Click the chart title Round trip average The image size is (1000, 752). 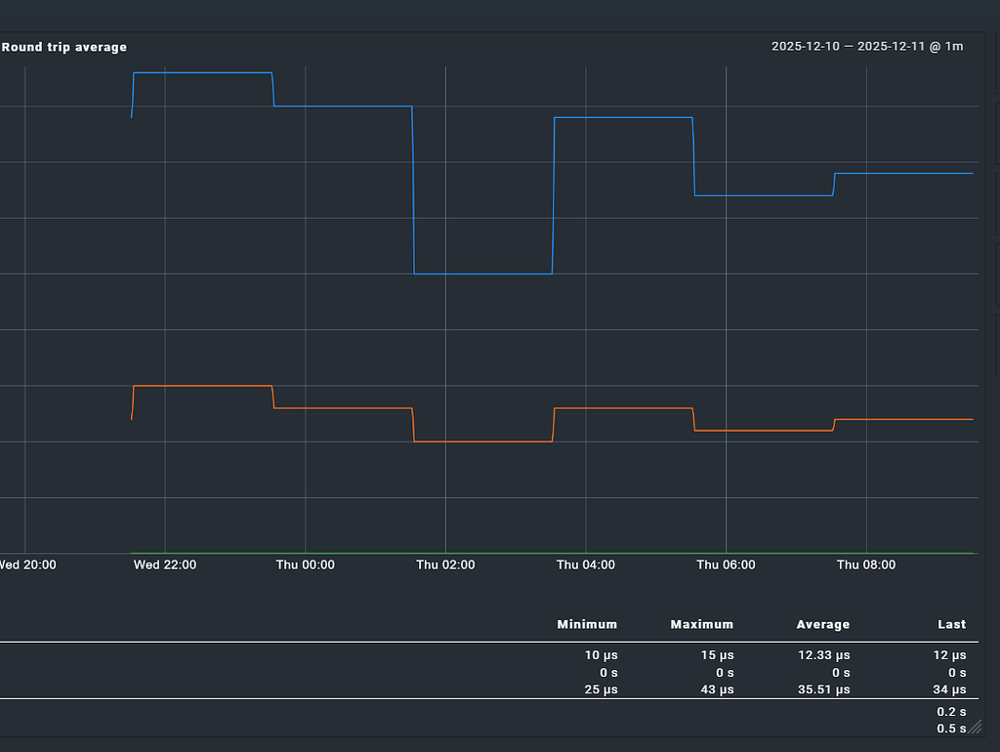pos(64,47)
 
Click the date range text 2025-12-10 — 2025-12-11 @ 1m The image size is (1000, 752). pos(867,47)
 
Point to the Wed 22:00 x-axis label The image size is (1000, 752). pos(165,564)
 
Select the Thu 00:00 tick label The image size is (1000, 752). pos(305,564)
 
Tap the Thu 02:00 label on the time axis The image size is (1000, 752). pos(445,564)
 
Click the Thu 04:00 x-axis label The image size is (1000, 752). pos(586,564)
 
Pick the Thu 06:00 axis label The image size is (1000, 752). pos(726,564)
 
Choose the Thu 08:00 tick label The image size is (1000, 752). pos(866,564)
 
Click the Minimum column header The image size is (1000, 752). pos(587,624)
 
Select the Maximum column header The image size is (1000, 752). pos(701,624)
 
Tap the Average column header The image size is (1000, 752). pos(822,624)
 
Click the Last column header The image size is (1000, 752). pos(951,624)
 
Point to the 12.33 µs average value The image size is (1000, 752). pos(822,655)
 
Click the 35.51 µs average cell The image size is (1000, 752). pos(822,689)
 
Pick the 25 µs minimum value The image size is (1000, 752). pos(601,689)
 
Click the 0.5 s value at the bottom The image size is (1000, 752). pos(951,729)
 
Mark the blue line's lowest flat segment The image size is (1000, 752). pos(483,273)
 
